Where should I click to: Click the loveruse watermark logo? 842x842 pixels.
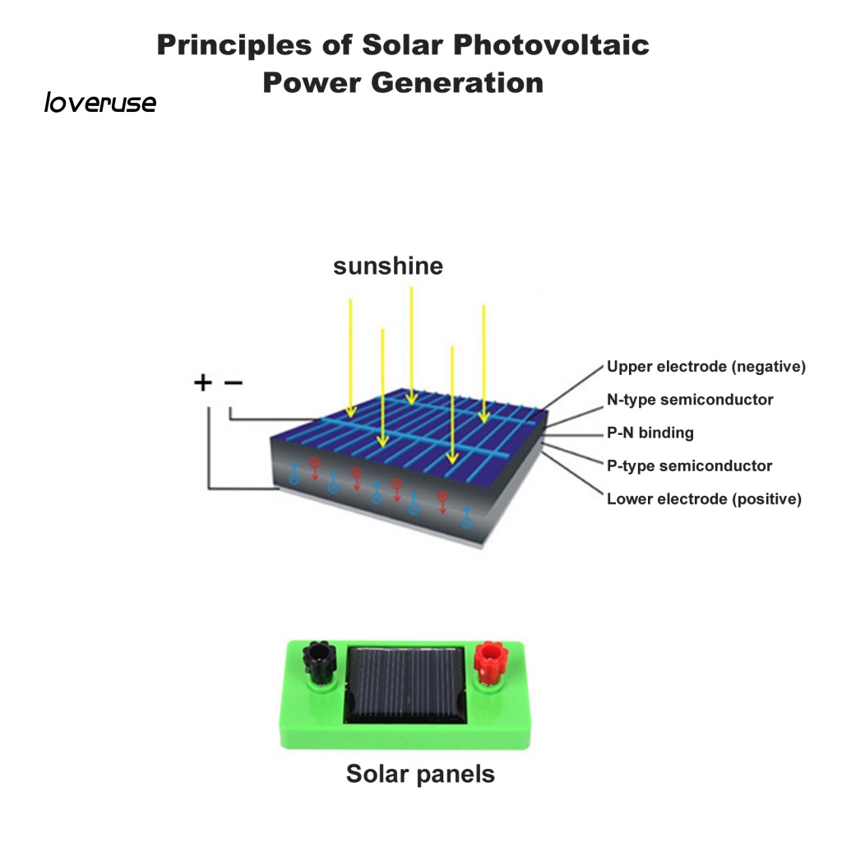[x=99, y=104]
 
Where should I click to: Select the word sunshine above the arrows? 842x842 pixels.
[x=387, y=266]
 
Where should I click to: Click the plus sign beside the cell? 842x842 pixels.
[x=202, y=382]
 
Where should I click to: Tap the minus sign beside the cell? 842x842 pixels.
[x=234, y=382]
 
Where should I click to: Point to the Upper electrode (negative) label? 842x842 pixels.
[x=706, y=367]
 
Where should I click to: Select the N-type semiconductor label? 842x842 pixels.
[x=690, y=400]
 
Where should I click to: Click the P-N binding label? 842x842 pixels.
[x=650, y=433]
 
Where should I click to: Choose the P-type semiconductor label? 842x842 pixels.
[x=689, y=465]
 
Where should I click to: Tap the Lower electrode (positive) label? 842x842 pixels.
[x=704, y=498]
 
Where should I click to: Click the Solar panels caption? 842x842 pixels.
[x=420, y=774]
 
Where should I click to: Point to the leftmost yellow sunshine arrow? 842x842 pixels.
[x=351, y=358]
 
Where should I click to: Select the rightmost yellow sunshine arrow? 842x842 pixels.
[x=483, y=362]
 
